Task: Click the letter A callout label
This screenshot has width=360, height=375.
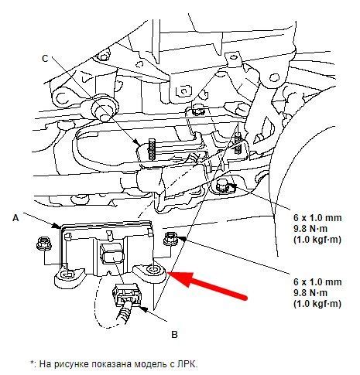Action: tap(16, 218)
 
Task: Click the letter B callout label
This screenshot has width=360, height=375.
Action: tap(174, 335)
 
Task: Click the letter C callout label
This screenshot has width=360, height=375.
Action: tap(45, 59)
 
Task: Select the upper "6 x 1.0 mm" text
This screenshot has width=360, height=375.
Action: tap(317, 218)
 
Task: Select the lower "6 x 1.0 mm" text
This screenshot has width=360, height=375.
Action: tap(317, 281)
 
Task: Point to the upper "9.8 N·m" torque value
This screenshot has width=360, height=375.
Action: tap(310, 229)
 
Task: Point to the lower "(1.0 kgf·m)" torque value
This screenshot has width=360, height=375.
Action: tap(317, 304)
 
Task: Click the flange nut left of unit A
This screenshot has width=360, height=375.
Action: tap(44, 244)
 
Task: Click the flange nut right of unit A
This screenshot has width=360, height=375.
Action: tap(171, 238)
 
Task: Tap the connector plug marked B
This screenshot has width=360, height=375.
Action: tap(127, 295)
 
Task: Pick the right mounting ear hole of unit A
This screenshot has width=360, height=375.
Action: tap(152, 270)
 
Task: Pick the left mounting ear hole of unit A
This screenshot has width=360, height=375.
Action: tap(67, 275)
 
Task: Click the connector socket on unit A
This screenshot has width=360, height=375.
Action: tap(112, 254)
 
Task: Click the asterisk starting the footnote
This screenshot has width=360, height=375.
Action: tap(33, 362)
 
